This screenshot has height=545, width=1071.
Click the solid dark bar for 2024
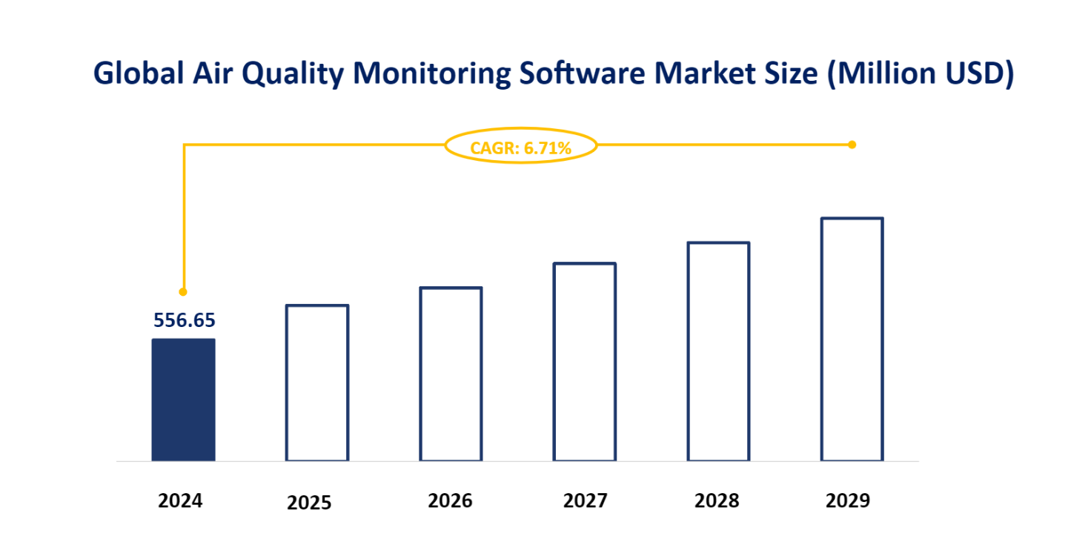(x=183, y=400)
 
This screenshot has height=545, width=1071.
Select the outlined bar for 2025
(x=317, y=383)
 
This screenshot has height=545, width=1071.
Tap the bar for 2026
(x=451, y=374)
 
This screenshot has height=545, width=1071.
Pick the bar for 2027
(x=585, y=362)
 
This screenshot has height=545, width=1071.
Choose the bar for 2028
(x=718, y=351)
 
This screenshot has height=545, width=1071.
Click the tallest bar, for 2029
(x=852, y=339)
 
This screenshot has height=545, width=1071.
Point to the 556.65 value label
(x=184, y=320)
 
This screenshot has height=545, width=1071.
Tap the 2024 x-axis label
(x=180, y=501)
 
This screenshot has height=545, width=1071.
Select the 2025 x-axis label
(x=309, y=503)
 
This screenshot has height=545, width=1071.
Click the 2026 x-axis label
(x=450, y=501)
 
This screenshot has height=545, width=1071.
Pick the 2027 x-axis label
(x=585, y=501)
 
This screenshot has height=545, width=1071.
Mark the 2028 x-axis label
(x=717, y=501)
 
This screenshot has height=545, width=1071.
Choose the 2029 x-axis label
(x=848, y=501)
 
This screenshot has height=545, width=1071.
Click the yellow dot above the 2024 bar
(x=183, y=291)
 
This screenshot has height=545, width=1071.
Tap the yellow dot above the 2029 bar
(x=852, y=145)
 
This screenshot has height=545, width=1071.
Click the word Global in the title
(x=138, y=73)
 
